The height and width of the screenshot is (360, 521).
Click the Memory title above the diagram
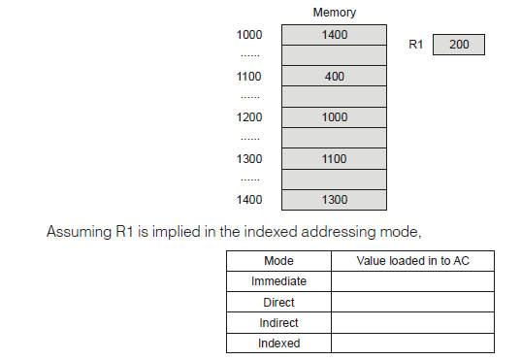pos(334,13)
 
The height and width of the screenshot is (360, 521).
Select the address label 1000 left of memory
pos(249,35)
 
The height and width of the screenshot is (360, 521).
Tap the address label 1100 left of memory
pos(249,76)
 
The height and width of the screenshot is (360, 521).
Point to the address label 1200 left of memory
pos(249,116)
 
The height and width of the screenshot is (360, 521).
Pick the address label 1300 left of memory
pos(249,158)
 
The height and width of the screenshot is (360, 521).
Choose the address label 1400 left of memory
pos(249,199)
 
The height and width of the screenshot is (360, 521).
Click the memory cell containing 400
pos(334,76)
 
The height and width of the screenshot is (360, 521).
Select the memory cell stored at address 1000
pos(334,35)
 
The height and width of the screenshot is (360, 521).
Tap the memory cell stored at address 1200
pos(334,116)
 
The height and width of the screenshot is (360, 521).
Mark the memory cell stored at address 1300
pos(334,158)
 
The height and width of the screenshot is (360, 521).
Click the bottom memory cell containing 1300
pos(334,199)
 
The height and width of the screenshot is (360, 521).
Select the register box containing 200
pos(459,45)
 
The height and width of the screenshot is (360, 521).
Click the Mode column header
pos(278,261)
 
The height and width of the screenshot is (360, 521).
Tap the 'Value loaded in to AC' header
pos(413,261)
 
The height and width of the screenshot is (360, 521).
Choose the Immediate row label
pos(278,281)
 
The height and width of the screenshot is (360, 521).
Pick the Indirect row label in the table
pos(278,322)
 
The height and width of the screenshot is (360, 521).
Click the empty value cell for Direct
pos(413,302)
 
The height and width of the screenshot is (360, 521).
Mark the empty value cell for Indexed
pos(413,344)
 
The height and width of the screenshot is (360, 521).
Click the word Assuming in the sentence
pos(75,232)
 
